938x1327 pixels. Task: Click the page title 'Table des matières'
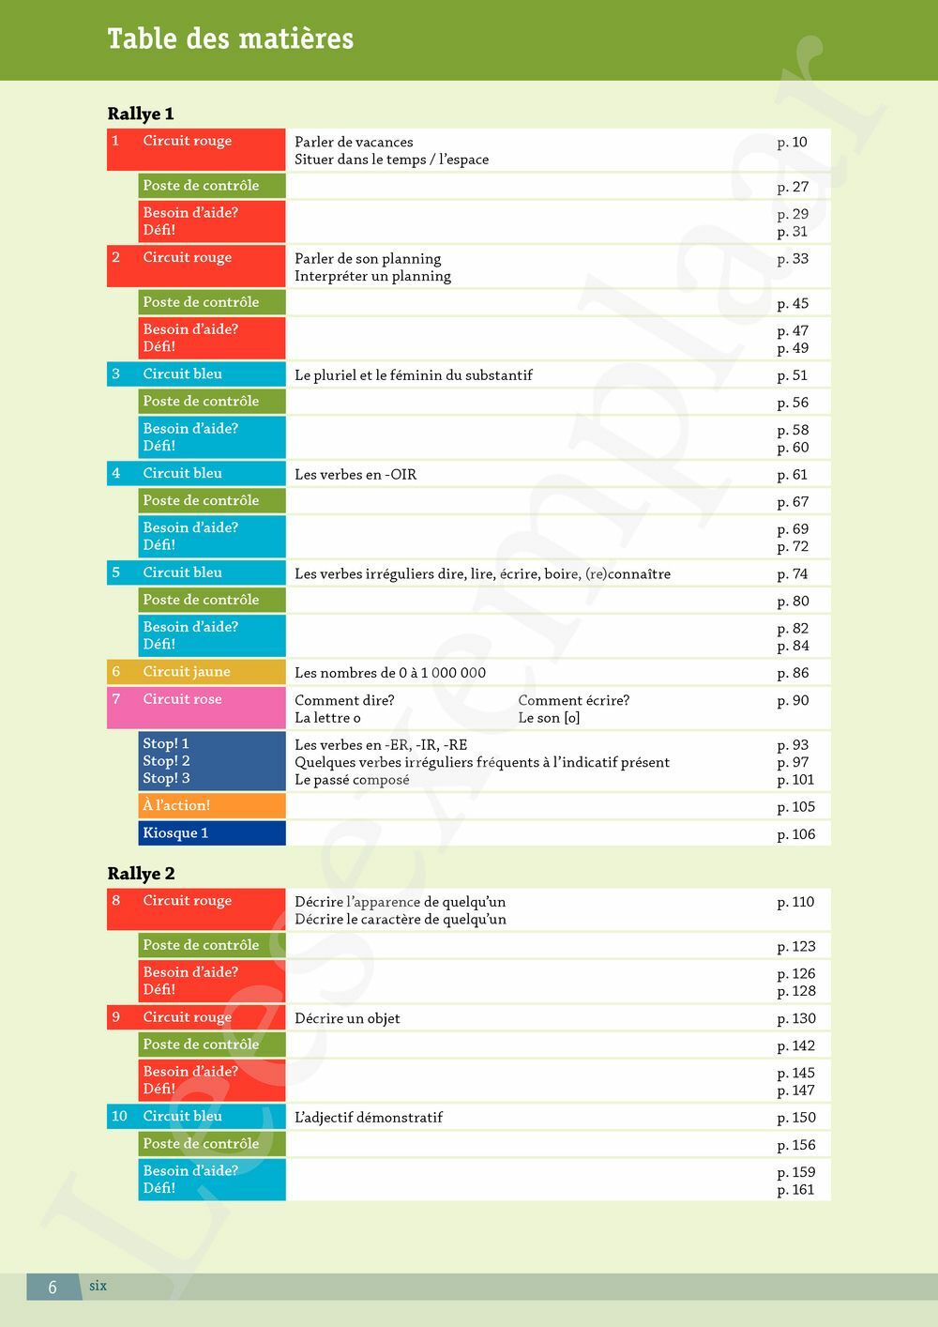tap(230, 38)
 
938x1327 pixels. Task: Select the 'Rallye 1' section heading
tap(141, 114)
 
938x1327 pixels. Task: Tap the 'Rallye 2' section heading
tap(141, 874)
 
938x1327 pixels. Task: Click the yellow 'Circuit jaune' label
tap(186, 672)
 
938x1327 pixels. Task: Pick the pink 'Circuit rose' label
tap(182, 699)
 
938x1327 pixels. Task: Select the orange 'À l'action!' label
tap(176, 805)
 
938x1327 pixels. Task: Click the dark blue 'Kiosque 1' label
tap(175, 833)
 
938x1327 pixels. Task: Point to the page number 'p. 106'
tap(795, 834)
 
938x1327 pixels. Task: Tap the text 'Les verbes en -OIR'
tap(356, 475)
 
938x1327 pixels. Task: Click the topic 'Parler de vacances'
tap(354, 142)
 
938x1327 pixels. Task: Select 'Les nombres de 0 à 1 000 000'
tap(390, 673)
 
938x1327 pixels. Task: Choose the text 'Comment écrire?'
tap(573, 700)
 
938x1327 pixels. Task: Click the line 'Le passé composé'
tap(352, 780)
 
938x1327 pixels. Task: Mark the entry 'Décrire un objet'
tap(347, 1018)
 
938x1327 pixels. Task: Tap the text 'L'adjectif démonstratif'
tap(369, 1118)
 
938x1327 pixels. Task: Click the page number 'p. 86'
tap(793, 673)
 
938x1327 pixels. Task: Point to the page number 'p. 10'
tap(792, 142)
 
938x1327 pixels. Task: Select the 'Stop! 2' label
tap(166, 761)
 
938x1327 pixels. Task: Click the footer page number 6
tap(53, 1288)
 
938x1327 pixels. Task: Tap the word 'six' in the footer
tap(98, 1287)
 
